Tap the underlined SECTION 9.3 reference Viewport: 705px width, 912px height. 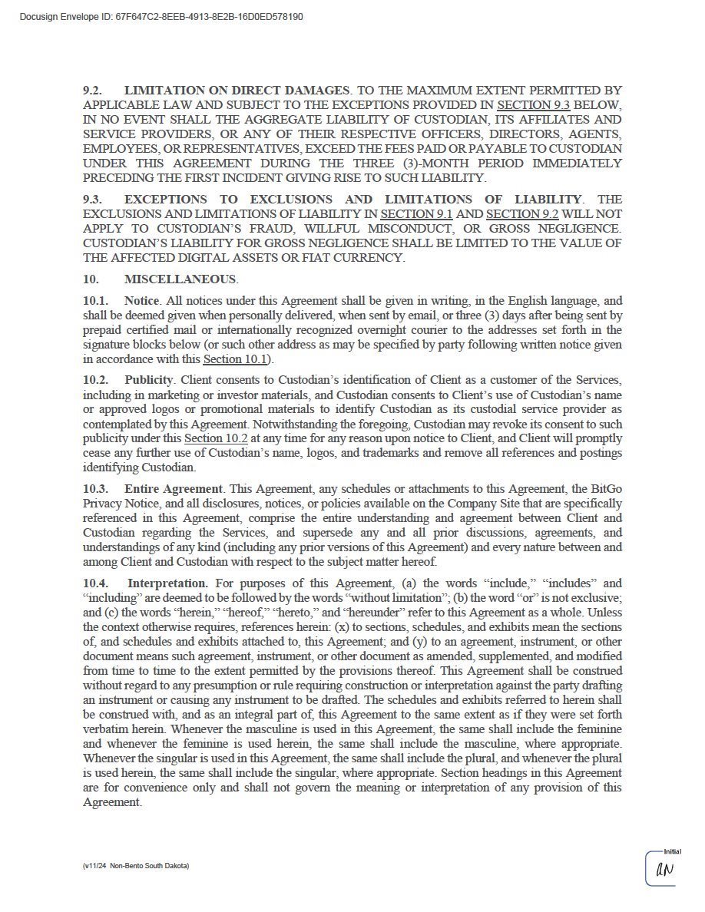pyautogui.click(x=534, y=105)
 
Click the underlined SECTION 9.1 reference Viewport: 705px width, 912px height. pyautogui.click(x=417, y=214)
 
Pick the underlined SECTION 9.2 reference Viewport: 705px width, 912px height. pyautogui.click(x=523, y=214)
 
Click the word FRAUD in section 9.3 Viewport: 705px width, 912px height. pyautogui.click(x=273, y=229)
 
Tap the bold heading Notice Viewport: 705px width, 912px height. pyautogui.click(x=141, y=301)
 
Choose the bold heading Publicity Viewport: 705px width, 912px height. pyautogui.click(x=149, y=381)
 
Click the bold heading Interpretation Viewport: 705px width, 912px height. pyautogui.click(x=167, y=583)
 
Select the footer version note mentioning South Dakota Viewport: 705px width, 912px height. pyautogui.click(x=136, y=866)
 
